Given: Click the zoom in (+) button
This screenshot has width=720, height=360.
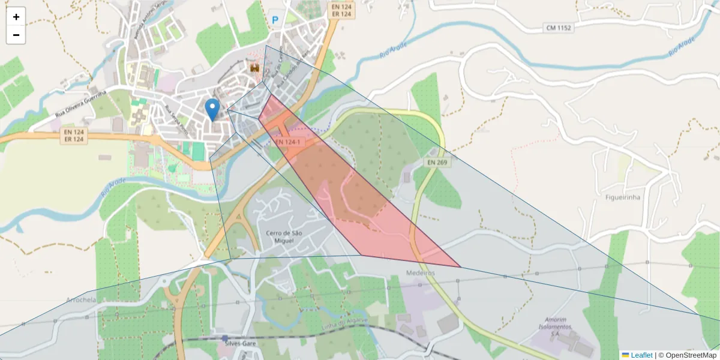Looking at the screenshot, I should tap(16, 17).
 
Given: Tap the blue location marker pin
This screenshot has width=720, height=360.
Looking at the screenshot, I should tap(212, 109).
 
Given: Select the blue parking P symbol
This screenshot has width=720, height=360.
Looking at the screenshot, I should tap(275, 20).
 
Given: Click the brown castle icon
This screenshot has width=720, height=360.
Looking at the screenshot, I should tap(254, 69).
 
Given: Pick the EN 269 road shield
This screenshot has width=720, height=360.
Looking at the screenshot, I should tap(438, 162).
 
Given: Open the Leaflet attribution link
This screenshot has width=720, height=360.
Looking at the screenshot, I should tap(641, 355).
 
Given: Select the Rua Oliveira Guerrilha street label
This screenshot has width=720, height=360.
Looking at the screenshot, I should tap(80, 103).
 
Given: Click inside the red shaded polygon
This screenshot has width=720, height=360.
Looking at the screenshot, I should tap(336, 180).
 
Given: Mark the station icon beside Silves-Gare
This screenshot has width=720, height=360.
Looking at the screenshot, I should tap(225, 338).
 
